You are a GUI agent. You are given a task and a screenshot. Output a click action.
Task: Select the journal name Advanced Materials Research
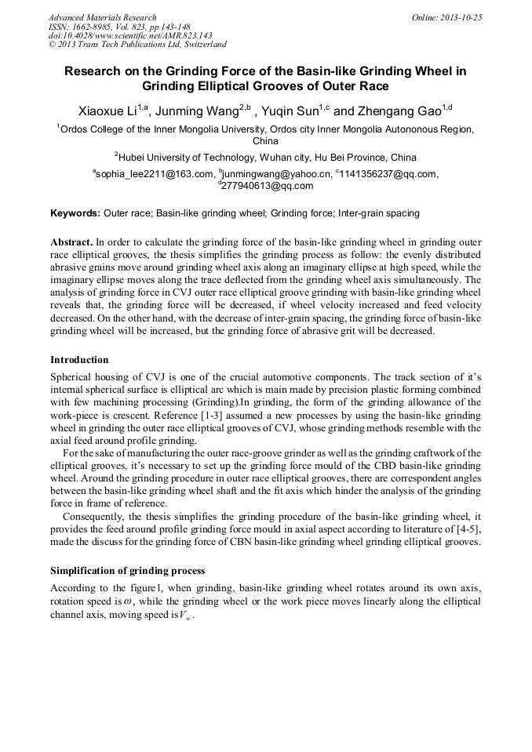102,17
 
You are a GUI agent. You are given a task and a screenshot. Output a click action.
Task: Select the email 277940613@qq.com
268,187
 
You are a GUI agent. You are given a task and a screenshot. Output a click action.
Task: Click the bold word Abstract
71,243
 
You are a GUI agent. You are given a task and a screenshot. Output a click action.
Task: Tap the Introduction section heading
79,360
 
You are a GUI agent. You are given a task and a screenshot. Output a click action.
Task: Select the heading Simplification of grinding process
127,570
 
